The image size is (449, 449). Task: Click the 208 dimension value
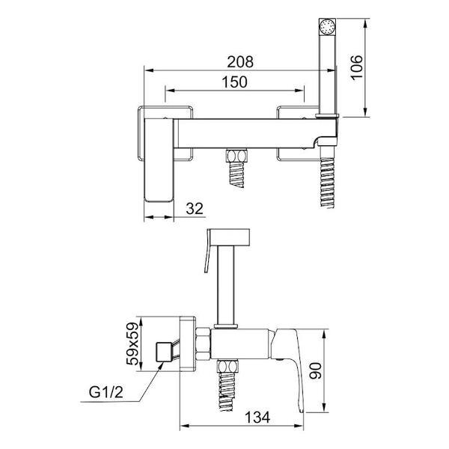pyautogui.click(x=240, y=62)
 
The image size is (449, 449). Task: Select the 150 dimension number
pyautogui.click(x=234, y=82)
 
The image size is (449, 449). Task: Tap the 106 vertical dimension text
pyautogui.click(x=356, y=67)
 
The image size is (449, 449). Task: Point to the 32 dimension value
pyautogui.click(x=195, y=209)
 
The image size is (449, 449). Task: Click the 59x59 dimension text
pyautogui.click(x=132, y=344)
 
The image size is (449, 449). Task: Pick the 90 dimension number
pyautogui.click(x=316, y=370)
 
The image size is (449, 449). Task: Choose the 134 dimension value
pyautogui.click(x=257, y=418)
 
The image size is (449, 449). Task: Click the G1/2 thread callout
pyautogui.click(x=106, y=392)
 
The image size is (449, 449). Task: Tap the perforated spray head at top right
pyautogui.click(x=327, y=27)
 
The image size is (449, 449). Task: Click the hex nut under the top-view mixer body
pyautogui.click(x=236, y=156)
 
